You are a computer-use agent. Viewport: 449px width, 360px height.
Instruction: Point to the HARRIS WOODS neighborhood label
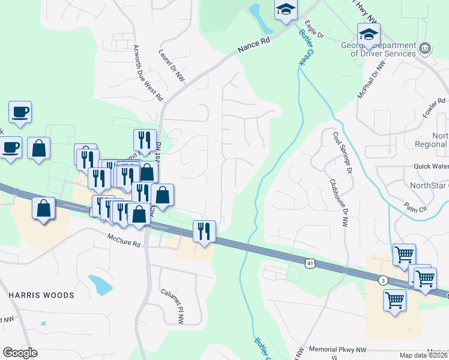(x=41, y=295)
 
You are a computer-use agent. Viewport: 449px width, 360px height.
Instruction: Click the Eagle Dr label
(x=314, y=29)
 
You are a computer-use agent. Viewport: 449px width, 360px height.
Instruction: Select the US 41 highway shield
(x=309, y=262)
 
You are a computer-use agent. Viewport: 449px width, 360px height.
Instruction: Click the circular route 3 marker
(x=383, y=280)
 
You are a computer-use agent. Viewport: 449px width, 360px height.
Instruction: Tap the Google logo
(x=20, y=352)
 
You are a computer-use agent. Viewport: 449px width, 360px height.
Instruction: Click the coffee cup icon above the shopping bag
(x=20, y=112)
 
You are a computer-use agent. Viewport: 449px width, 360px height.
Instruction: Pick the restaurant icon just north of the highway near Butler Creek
(x=204, y=231)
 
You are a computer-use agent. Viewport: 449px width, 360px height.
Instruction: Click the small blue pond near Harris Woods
(x=100, y=284)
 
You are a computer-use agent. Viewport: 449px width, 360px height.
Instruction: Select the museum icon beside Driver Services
(x=425, y=47)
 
